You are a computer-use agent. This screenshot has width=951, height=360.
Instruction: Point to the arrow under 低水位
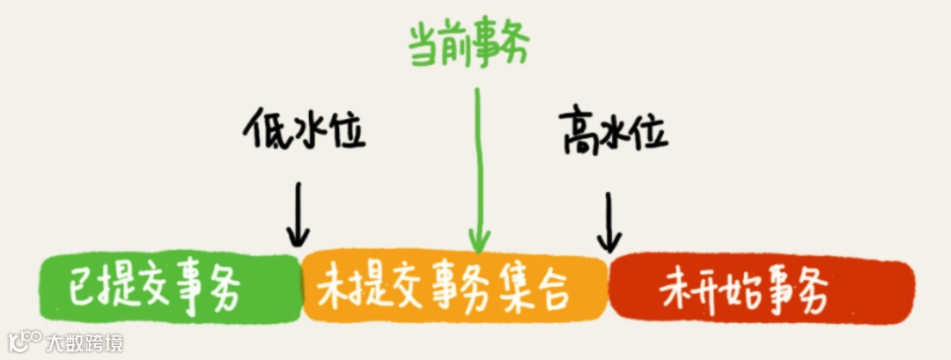coord(299,215)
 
